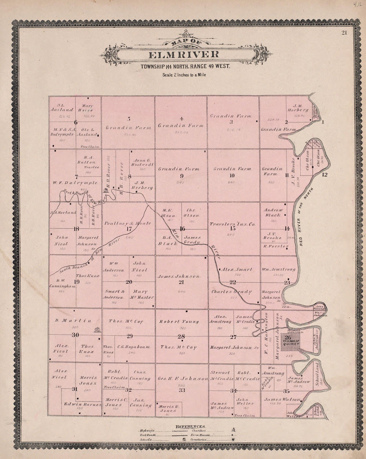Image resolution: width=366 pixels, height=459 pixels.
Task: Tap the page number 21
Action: [x=344, y=32]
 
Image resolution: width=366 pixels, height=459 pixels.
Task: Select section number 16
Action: [x=182, y=229]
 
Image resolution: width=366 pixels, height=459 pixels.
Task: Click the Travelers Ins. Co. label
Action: [x=233, y=225]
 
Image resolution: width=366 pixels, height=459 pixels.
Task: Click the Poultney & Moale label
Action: [x=128, y=223]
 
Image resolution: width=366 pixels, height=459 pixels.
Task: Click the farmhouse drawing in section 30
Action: [x=97, y=330]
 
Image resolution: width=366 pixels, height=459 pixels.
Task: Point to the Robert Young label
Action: [x=179, y=322]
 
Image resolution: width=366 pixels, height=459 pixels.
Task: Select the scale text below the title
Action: [x=184, y=75]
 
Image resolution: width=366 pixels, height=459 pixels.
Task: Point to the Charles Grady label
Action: [x=232, y=292]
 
